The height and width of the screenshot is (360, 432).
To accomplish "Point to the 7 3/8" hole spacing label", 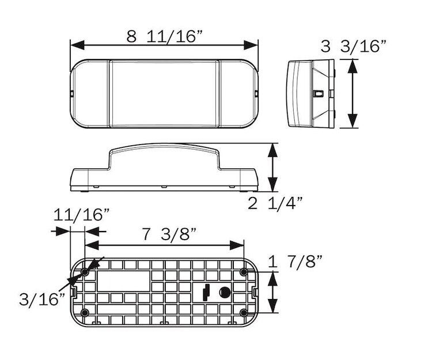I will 169,234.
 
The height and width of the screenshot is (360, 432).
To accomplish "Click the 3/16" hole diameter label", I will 42,299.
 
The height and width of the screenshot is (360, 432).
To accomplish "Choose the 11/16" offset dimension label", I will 81,215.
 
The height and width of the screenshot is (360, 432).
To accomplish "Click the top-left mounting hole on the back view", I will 85,271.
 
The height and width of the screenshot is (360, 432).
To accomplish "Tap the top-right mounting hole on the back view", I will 244,271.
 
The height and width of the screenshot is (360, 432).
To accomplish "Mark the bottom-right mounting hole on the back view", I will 244,313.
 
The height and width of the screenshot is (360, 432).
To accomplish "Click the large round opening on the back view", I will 225,292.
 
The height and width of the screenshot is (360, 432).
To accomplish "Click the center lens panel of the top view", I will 164,94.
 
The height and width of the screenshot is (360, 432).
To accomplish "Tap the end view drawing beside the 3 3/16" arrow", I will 310,94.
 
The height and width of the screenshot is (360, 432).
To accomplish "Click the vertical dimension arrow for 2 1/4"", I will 273,168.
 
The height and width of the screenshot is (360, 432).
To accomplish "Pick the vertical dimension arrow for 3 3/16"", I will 353,94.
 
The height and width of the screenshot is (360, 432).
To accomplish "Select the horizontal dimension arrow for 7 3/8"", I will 164,245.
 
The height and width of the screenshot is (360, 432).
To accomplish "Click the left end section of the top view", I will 90,94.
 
